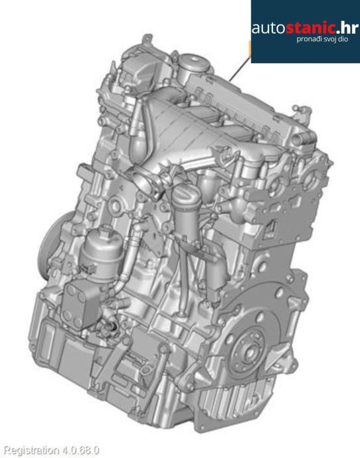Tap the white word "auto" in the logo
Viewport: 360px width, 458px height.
pos(268,29)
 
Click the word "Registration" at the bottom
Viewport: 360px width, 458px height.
pos(33,450)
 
